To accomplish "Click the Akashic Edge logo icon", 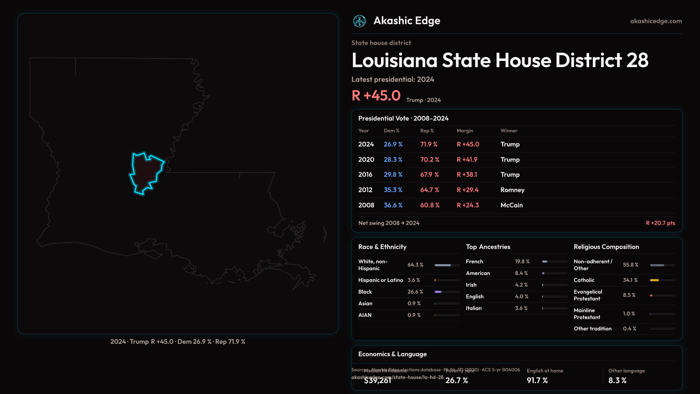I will coord(359,21).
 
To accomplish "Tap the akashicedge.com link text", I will coord(656,21).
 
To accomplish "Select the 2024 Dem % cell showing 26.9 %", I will coord(393,144).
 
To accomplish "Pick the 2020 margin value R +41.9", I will coord(467,160).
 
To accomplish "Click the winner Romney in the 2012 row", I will coord(512,190).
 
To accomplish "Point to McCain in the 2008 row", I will coord(512,205).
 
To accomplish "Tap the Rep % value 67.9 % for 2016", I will coord(429,175).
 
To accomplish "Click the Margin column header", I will coord(465,131).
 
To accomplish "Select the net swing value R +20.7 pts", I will coord(660,223).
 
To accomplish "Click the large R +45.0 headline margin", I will coord(376,96).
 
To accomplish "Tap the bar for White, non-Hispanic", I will coord(443,265).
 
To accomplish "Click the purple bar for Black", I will coord(438,292).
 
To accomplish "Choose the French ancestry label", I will coord(474,262).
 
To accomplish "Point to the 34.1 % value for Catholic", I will coord(630,280).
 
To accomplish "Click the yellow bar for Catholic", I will coord(654,280).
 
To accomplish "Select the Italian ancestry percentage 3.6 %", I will coord(521,308).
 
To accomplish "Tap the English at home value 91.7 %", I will coord(537,381).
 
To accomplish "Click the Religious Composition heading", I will coord(606,247).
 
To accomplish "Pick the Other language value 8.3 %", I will coord(617,381).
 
